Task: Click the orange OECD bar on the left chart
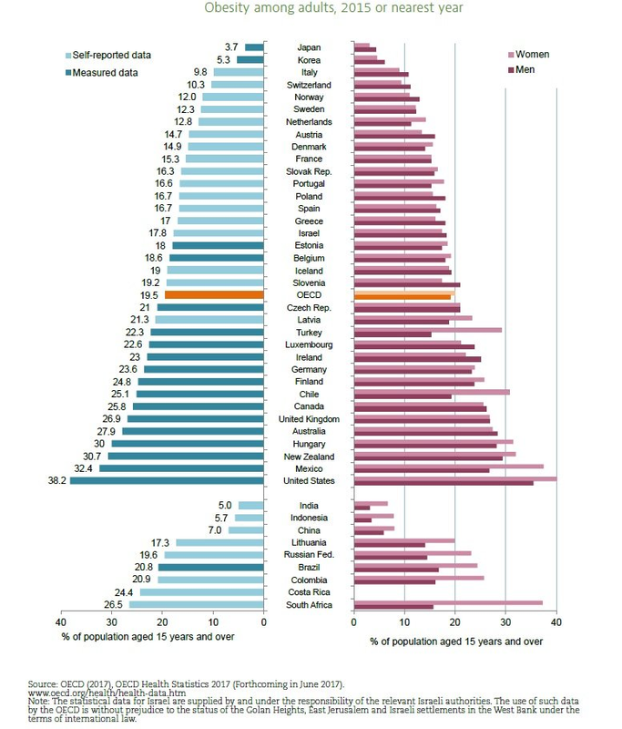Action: click(x=215, y=295)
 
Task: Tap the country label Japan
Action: click(x=308, y=47)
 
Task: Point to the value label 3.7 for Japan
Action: click(x=230, y=47)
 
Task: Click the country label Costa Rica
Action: click(x=308, y=592)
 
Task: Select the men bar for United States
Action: click(x=444, y=483)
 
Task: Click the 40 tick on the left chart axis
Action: click(x=62, y=623)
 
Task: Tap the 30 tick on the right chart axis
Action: click(x=505, y=623)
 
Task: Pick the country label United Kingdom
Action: click(x=308, y=419)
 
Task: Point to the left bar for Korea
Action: click(x=250, y=60)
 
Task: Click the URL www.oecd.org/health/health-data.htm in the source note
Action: click(x=88, y=690)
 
